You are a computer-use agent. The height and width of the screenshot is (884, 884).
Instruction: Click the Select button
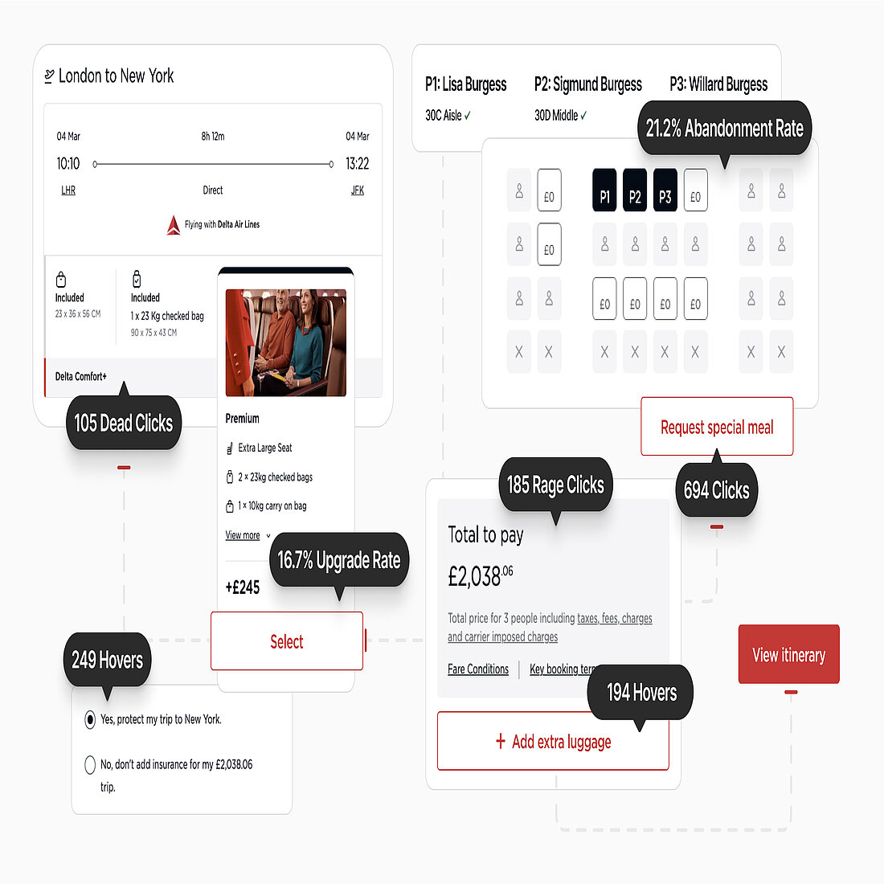pyautogui.click(x=286, y=641)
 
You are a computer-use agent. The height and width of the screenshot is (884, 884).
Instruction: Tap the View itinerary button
pyautogui.click(x=788, y=654)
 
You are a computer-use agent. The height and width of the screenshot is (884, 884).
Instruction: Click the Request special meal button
pyautogui.click(x=717, y=427)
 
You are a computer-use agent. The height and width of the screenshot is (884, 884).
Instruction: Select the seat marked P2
pyautogui.click(x=635, y=190)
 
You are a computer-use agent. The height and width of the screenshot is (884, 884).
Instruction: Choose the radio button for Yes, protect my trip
pyautogui.click(x=90, y=720)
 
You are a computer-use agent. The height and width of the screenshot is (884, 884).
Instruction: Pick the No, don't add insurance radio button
pyautogui.click(x=90, y=765)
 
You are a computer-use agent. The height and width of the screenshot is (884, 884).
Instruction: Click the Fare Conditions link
pyautogui.click(x=478, y=669)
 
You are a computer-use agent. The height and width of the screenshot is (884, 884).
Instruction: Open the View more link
pyautogui.click(x=243, y=535)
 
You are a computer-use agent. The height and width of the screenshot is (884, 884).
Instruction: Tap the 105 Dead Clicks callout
pyautogui.click(x=124, y=422)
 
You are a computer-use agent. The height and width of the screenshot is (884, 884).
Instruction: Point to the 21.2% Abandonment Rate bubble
pyautogui.click(x=724, y=128)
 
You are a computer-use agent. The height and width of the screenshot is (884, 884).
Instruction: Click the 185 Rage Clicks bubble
pyautogui.click(x=555, y=485)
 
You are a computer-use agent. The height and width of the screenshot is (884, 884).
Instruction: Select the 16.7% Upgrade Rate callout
pyautogui.click(x=339, y=560)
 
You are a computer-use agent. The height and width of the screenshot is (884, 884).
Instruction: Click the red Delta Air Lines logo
pyautogui.click(x=174, y=225)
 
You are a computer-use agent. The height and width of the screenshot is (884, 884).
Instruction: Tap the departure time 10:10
pyautogui.click(x=68, y=163)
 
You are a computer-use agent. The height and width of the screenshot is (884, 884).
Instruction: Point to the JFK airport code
pyautogui.click(x=358, y=190)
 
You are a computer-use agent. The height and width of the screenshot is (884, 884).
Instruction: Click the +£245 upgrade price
pyautogui.click(x=243, y=587)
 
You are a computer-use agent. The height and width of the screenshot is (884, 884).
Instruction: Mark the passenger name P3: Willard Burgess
pyautogui.click(x=718, y=84)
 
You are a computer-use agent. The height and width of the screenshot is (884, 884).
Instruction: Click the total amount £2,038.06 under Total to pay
pyautogui.click(x=481, y=576)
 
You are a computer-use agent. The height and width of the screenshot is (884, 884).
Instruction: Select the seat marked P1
pyautogui.click(x=604, y=190)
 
